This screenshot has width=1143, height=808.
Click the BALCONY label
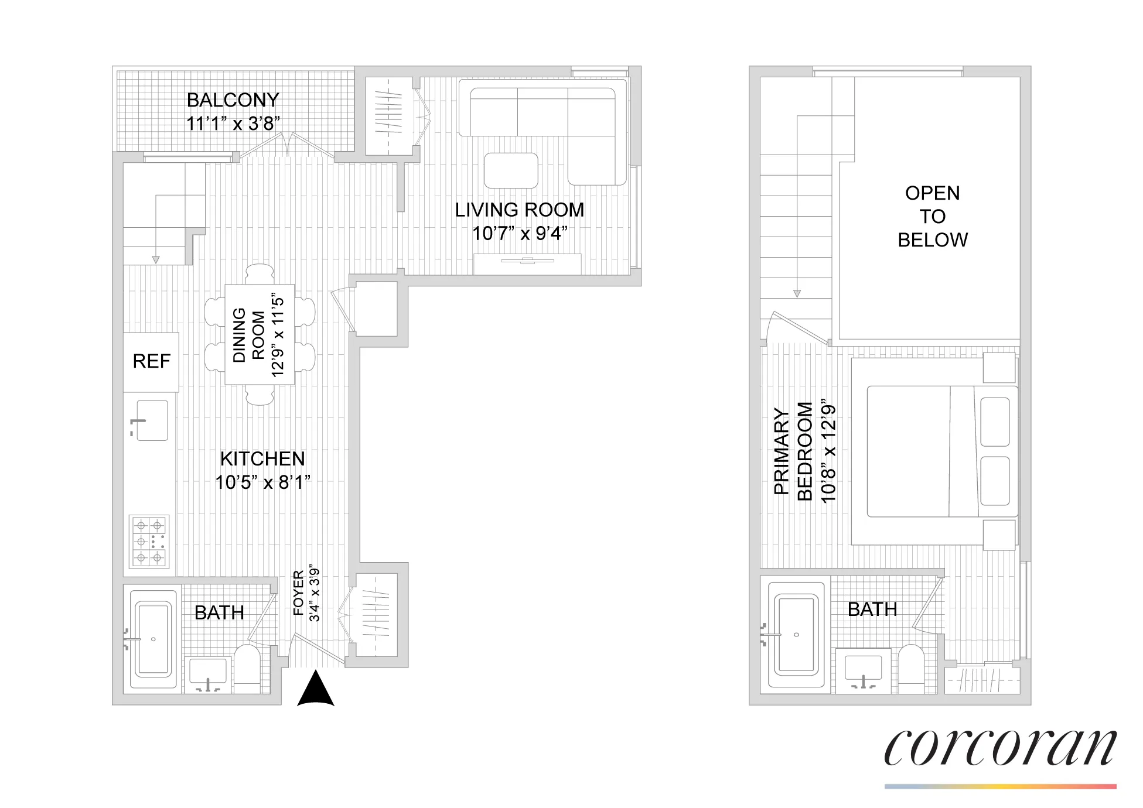pos(233,100)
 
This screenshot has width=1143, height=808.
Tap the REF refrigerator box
pos(151,362)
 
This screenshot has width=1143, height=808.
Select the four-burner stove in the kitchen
pos(149,542)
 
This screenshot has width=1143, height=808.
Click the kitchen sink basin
pos(152,420)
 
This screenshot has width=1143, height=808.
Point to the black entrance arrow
pos(316,690)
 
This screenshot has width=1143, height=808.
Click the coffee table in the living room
pos(511,170)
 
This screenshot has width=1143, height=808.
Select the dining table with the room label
pos(260,335)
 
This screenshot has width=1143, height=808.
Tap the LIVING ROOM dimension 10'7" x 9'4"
pos(520,234)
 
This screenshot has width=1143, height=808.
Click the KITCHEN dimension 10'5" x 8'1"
pos(262,482)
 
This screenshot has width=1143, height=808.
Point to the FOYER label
pos(298,594)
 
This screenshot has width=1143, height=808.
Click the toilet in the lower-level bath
pos(247,669)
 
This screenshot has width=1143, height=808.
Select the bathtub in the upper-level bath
pos(796,635)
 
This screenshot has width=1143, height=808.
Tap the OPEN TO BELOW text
pos(932,217)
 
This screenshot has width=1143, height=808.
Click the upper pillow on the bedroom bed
pos(994,422)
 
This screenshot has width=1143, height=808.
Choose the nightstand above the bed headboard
pos(998,368)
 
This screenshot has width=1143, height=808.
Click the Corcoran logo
pos(999,748)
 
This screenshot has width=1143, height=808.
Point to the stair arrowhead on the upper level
pos(796,294)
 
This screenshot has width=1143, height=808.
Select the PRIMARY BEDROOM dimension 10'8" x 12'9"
pos(828,451)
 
